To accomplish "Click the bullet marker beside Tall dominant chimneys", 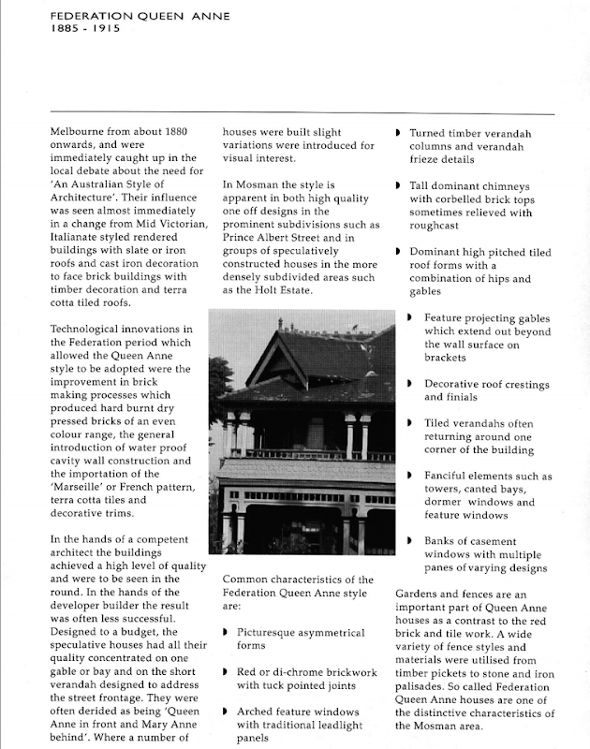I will (398, 187).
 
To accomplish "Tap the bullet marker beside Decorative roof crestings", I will (412, 384).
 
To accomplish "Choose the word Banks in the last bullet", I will (444, 541).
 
